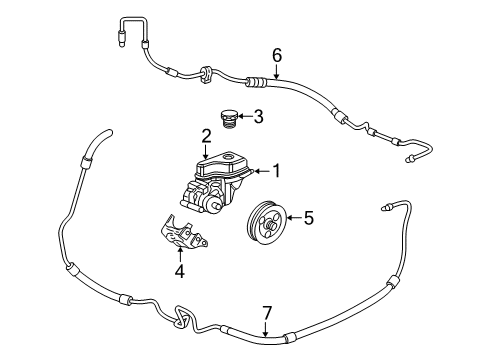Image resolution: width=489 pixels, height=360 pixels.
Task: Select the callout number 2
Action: pos(206,135)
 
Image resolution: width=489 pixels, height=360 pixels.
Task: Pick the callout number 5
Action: pos(309,215)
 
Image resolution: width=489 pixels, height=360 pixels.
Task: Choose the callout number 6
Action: pos(277,54)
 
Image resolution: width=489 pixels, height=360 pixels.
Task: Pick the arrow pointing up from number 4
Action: pos(180,253)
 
